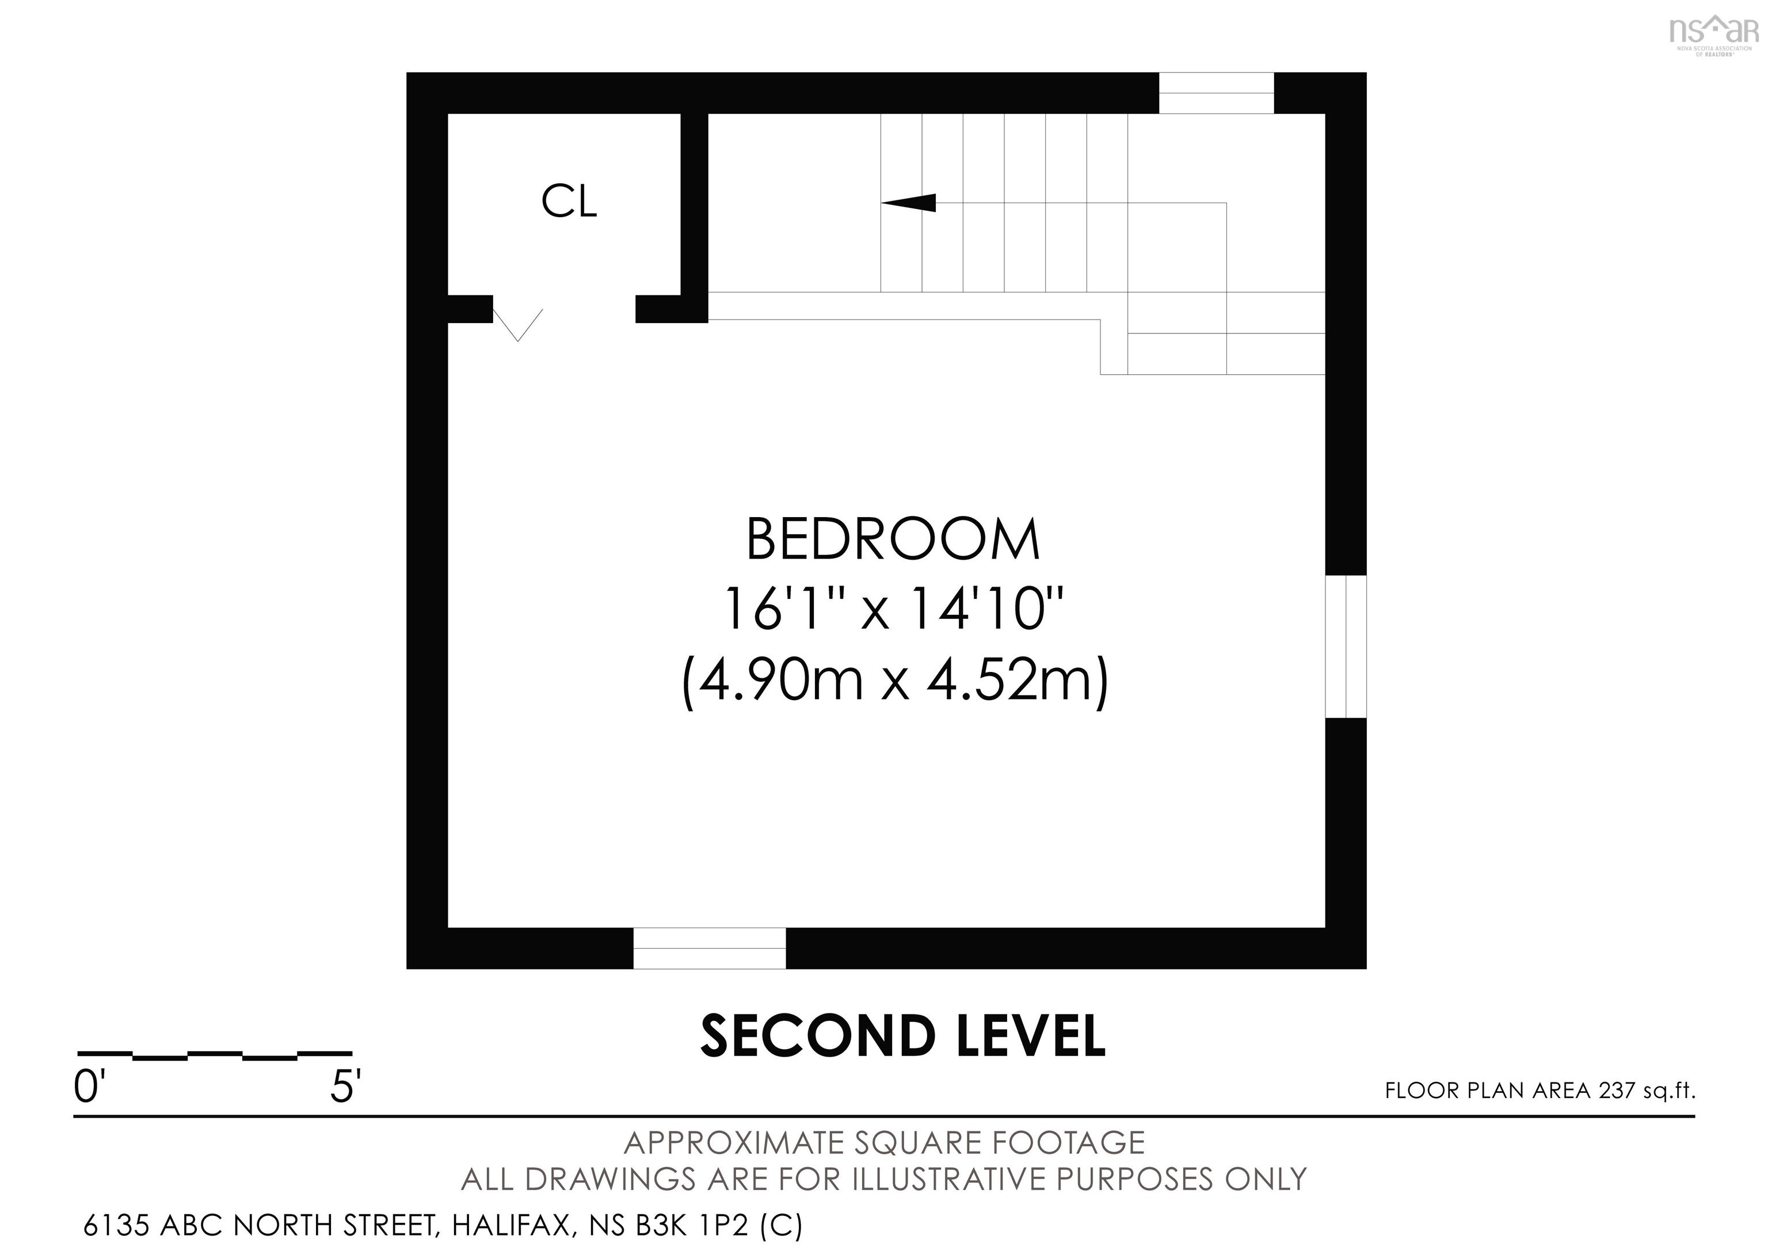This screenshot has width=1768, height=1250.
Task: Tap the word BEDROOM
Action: pyautogui.click(x=893, y=540)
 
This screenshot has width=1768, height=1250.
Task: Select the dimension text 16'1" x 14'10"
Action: pyautogui.click(x=893, y=609)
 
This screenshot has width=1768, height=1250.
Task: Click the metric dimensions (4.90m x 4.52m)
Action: pyautogui.click(x=895, y=680)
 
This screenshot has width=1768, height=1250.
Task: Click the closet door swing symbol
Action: pyautogui.click(x=518, y=324)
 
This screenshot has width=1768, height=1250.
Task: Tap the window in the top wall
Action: pyautogui.click(x=1216, y=93)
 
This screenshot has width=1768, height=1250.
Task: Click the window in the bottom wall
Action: pyautogui.click(x=709, y=948)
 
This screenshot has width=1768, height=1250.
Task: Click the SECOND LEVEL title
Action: pyautogui.click(x=902, y=1036)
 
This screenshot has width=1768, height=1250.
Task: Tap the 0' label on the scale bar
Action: pyautogui.click(x=88, y=1088)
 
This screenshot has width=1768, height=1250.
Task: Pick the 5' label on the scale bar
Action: pyautogui.click(x=345, y=1088)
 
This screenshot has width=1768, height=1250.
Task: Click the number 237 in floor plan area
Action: pyautogui.click(x=1616, y=1091)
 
